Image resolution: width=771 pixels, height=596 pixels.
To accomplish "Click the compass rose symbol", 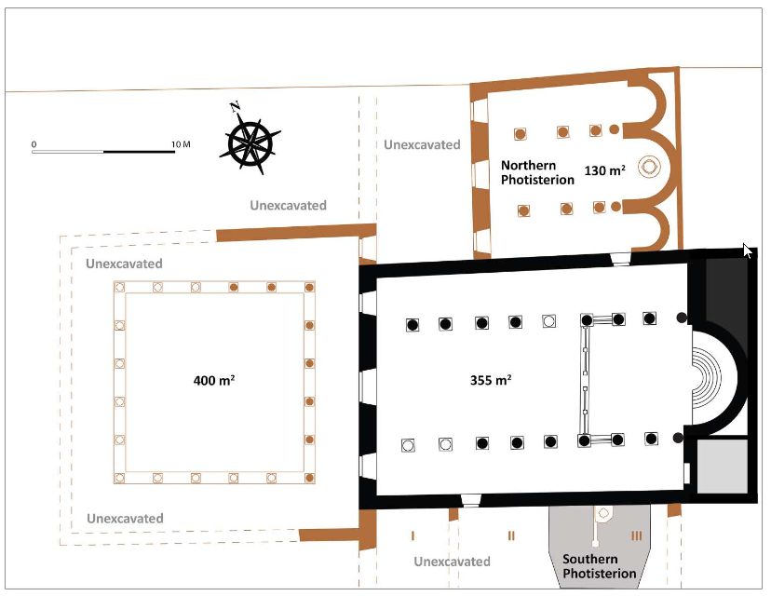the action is pos(250,143).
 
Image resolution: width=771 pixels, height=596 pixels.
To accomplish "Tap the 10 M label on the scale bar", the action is pos(181,144).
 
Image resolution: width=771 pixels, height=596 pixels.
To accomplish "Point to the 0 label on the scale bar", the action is pos(34,144).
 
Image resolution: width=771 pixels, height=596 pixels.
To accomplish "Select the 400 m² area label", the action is pos(214,380).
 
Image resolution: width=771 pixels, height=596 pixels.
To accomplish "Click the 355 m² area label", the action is pos(491,380).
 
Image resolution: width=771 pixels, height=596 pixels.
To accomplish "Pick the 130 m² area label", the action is pos(605,170).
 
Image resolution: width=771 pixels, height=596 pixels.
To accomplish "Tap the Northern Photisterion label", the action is pos(537,172).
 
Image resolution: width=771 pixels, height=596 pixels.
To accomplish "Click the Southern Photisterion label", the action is pos(600,566).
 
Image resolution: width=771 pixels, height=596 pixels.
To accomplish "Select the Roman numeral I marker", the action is pos(413,535).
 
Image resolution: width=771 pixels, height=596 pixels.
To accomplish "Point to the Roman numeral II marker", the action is pos(511,535).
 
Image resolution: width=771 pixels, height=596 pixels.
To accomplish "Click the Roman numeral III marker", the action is pos(637,535).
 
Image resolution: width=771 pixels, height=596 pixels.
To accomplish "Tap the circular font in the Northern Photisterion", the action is pos(649,167).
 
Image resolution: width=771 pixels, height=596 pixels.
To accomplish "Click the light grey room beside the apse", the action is pos(723,467).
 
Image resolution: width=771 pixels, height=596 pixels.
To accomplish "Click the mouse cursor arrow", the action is pos(748,251).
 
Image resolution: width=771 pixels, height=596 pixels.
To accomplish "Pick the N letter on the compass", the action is pos(235,106).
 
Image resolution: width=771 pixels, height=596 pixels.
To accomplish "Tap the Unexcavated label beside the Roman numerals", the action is pos(452,562).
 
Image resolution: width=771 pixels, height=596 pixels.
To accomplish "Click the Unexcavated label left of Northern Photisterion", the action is pos(422,144).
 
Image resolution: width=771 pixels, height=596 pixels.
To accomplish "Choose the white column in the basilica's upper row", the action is pos(548,321).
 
